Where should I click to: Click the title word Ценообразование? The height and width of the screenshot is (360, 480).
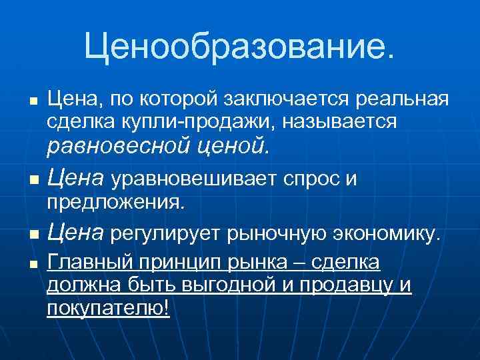[239, 47]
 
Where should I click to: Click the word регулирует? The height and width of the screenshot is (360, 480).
[166, 233]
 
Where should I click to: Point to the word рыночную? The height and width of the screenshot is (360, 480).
[277, 233]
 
